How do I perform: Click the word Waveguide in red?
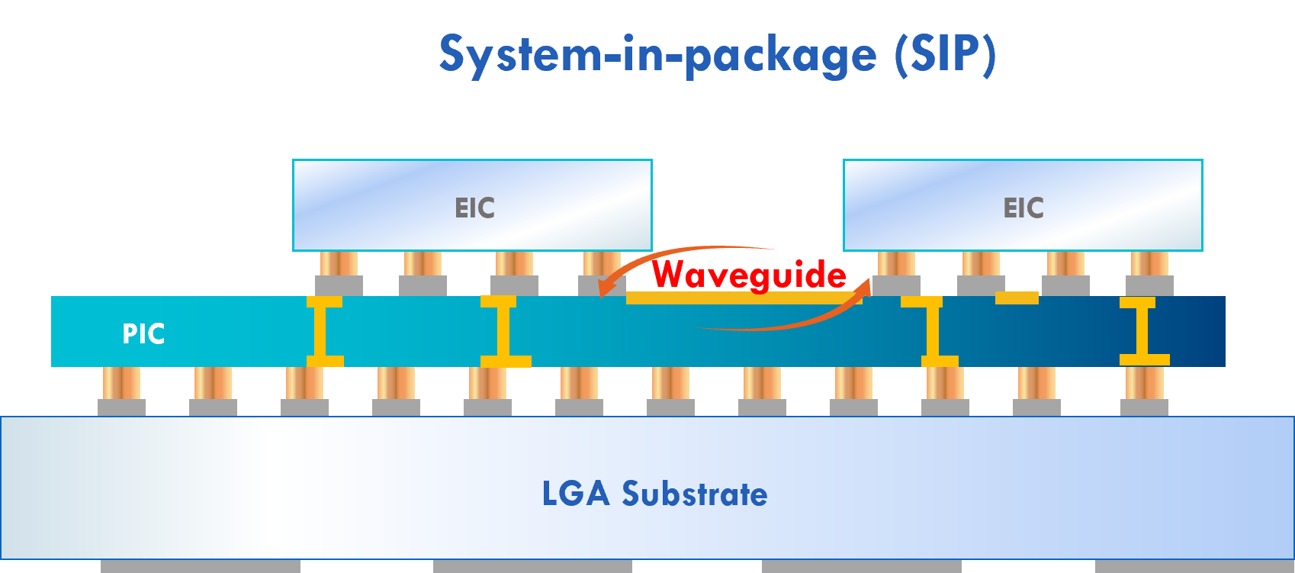(x=749, y=275)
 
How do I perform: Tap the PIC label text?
(x=143, y=334)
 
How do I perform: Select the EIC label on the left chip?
(x=474, y=208)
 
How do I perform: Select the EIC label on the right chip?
(x=1023, y=208)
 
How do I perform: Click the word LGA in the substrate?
(x=576, y=494)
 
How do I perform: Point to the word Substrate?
(x=695, y=494)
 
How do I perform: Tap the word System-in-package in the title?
(x=657, y=55)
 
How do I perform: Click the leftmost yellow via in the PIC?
(x=324, y=332)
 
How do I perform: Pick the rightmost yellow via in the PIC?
(x=1142, y=332)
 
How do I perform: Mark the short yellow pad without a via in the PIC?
(x=1017, y=298)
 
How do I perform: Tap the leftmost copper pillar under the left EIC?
(x=339, y=264)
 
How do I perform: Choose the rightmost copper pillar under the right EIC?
(x=1149, y=264)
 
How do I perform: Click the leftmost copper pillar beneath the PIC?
(x=121, y=383)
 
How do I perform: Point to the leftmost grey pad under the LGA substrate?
(x=201, y=566)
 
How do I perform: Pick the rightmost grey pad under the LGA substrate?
(x=1194, y=566)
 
